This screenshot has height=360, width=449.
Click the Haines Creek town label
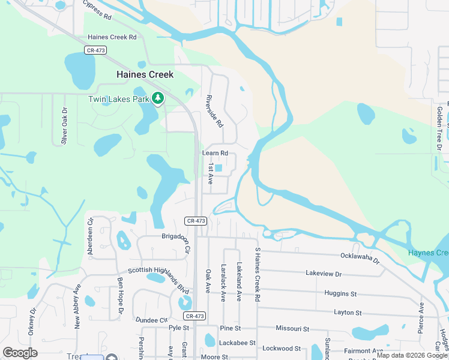[x=145, y=74]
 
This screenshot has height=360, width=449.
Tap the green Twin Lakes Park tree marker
[x=158, y=98]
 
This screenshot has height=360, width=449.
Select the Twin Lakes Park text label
[x=118, y=99]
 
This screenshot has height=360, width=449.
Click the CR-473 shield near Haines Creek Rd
[x=95, y=50]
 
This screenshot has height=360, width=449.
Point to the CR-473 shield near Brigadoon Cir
[x=196, y=221]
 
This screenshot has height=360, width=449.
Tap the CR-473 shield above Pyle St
[x=195, y=316]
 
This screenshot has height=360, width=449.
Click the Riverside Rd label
[x=214, y=111]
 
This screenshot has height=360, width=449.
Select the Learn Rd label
[x=215, y=154]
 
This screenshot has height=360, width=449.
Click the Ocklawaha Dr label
[x=360, y=258]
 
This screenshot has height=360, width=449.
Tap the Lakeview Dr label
[x=323, y=274]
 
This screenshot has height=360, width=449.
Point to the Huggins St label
[x=340, y=294]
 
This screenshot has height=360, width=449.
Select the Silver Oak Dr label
[x=64, y=127]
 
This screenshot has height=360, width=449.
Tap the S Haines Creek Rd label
[x=258, y=274]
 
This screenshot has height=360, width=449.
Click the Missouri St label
[x=292, y=329]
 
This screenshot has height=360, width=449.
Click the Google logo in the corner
[x=20, y=353]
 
